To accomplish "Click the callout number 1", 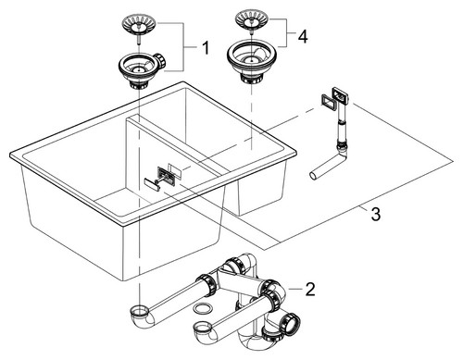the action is pos(205,48).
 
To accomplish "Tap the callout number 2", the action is pos(309,290).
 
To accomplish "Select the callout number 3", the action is pos(375,214).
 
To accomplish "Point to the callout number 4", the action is pos(303,37).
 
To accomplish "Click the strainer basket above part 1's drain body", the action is pos(140,25).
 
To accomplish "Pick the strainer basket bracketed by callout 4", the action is pos(253,19).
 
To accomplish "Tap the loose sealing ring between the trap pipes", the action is pos(204,308).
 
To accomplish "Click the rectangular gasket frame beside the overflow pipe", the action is pos(327,101).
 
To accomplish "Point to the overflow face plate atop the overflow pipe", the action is pos(340,96).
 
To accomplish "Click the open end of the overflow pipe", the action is pos(313,176).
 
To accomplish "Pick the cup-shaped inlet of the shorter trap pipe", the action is pos(202,329).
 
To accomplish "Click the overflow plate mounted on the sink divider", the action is pos(167,176).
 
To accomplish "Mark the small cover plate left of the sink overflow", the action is pos(152,182).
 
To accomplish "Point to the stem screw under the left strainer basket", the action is pos(139,40).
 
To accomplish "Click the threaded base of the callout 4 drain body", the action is pos(251,80).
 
